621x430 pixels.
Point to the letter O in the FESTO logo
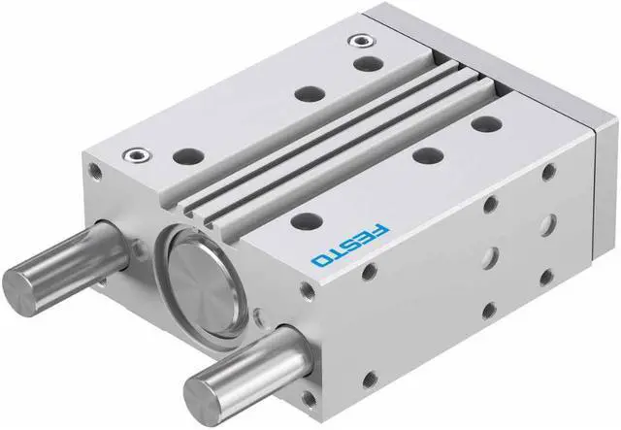[321, 260]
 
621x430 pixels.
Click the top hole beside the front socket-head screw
[188, 155]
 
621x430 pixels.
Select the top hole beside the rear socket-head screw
[369, 63]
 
